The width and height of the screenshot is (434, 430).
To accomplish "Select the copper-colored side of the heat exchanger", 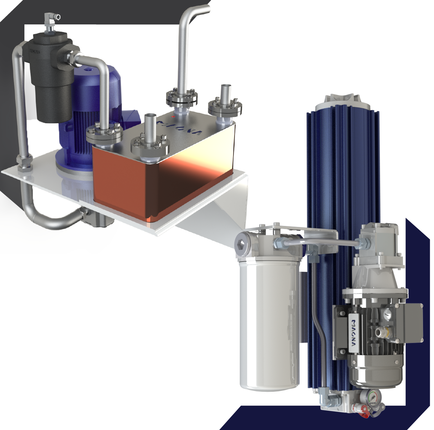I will click(162, 186).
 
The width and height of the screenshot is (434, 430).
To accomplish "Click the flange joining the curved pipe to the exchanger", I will click(104, 134).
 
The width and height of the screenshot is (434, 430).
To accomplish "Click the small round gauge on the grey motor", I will click(388, 314).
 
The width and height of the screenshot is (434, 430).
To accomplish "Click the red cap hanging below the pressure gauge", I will click(364, 416).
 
